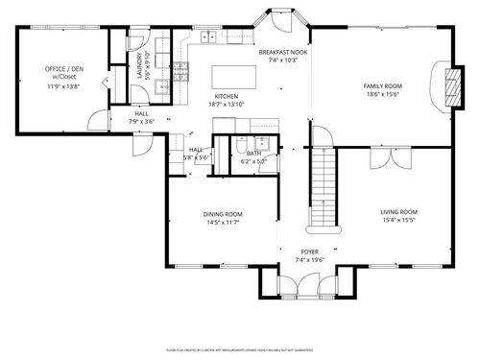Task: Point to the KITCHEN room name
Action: [x=227, y=97]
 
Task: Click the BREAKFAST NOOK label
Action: [x=283, y=52]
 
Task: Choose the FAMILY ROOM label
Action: [x=382, y=86]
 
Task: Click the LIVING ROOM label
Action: [x=398, y=211]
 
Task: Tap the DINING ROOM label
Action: [x=222, y=214]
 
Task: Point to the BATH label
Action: [x=253, y=153]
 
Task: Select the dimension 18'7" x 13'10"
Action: [x=227, y=105]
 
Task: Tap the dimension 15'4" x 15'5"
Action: [x=398, y=220]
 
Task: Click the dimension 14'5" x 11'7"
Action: [x=222, y=223]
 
